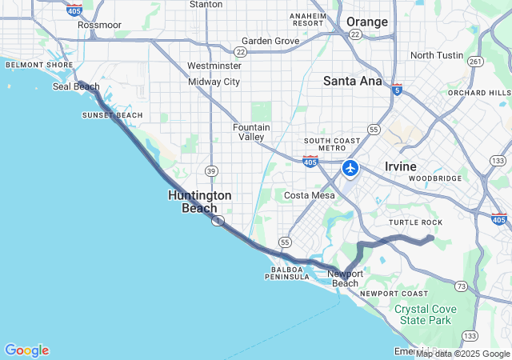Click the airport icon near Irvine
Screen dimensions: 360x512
coord(350,169)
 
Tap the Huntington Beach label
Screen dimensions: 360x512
coord(200,202)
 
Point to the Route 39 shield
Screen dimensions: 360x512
coord(211,170)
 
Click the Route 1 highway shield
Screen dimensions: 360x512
coord(218,221)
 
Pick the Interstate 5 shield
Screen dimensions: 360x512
coord(398,90)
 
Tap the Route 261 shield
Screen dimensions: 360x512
coord(475,62)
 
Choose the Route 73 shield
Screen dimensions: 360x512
coord(461,286)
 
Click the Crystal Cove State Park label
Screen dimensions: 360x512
coord(424,314)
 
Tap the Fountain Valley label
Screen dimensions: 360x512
coord(251,132)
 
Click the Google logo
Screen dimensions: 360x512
coord(26,350)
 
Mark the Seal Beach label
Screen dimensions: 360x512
coord(75,86)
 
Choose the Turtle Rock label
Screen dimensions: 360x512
coord(415,222)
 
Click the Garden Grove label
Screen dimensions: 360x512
coord(270,41)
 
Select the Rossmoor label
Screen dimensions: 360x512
coord(99,25)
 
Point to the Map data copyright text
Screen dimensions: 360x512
coord(462,354)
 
